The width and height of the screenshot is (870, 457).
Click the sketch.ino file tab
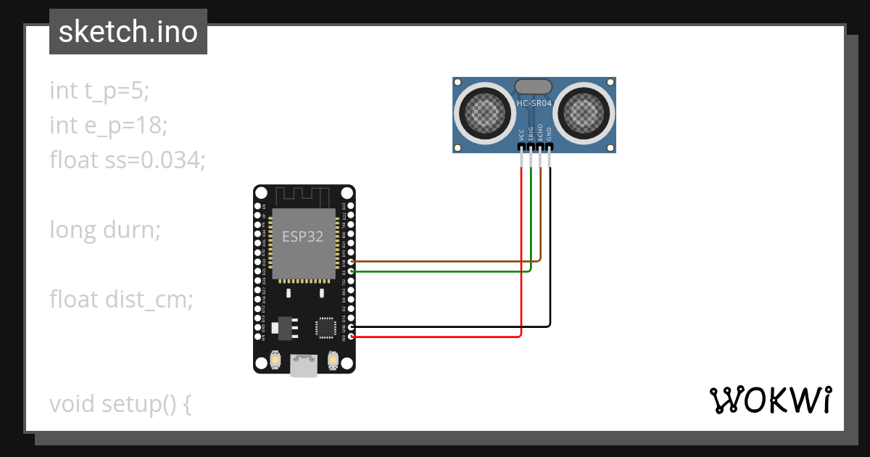128,32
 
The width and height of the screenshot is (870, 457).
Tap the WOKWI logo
769,400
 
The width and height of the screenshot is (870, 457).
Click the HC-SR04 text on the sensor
534,104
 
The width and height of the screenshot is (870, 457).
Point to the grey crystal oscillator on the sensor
534,86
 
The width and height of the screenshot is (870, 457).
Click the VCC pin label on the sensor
522,135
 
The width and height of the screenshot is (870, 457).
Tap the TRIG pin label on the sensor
531,133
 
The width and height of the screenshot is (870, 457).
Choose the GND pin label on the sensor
550,134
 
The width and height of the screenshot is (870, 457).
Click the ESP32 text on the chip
302,237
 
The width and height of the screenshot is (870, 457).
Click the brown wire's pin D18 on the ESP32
352,261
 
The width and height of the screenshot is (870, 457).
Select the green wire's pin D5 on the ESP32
352,271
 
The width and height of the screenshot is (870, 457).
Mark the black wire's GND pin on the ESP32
352,327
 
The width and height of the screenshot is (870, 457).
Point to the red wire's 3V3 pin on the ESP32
352,337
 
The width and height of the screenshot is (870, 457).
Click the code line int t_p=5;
99,91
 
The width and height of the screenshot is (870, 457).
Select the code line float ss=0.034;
128,160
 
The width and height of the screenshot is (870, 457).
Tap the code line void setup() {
120,403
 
